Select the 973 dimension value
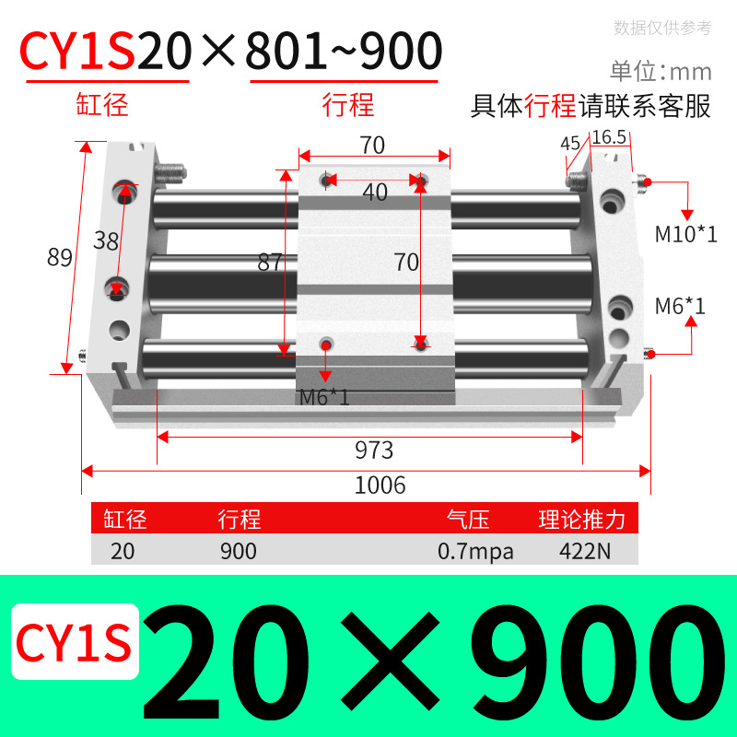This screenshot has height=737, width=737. pos(374,450)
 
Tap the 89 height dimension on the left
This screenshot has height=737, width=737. pos(60,258)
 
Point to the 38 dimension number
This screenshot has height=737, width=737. pos(107,241)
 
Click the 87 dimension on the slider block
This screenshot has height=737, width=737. pos(269,262)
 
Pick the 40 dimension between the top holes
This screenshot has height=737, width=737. pos(375,192)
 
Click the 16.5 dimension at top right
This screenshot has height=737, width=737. pos(609,137)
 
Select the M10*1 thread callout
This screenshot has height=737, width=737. pos(685,233)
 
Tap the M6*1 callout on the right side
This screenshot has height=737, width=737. pos(680,305)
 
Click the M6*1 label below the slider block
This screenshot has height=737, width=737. pos(325,398)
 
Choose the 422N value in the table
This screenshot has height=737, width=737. pos(581,551)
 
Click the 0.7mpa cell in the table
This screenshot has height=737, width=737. pos(475,551)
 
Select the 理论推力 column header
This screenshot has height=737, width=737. pos(582,520)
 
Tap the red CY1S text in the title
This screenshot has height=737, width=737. pos(78,52)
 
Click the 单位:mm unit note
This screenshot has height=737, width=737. pos(661,71)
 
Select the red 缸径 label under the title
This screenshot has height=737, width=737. pos(101,104)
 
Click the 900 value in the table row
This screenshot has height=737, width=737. pos(239,551)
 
